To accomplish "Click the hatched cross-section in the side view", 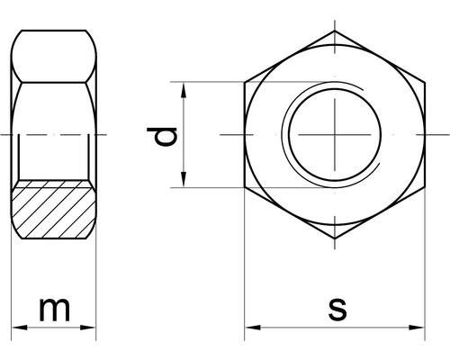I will (x=54, y=209).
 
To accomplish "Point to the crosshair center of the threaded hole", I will (x=334, y=135).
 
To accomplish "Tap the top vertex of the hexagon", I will (x=334, y=31).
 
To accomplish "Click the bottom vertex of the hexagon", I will (x=334, y=239).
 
